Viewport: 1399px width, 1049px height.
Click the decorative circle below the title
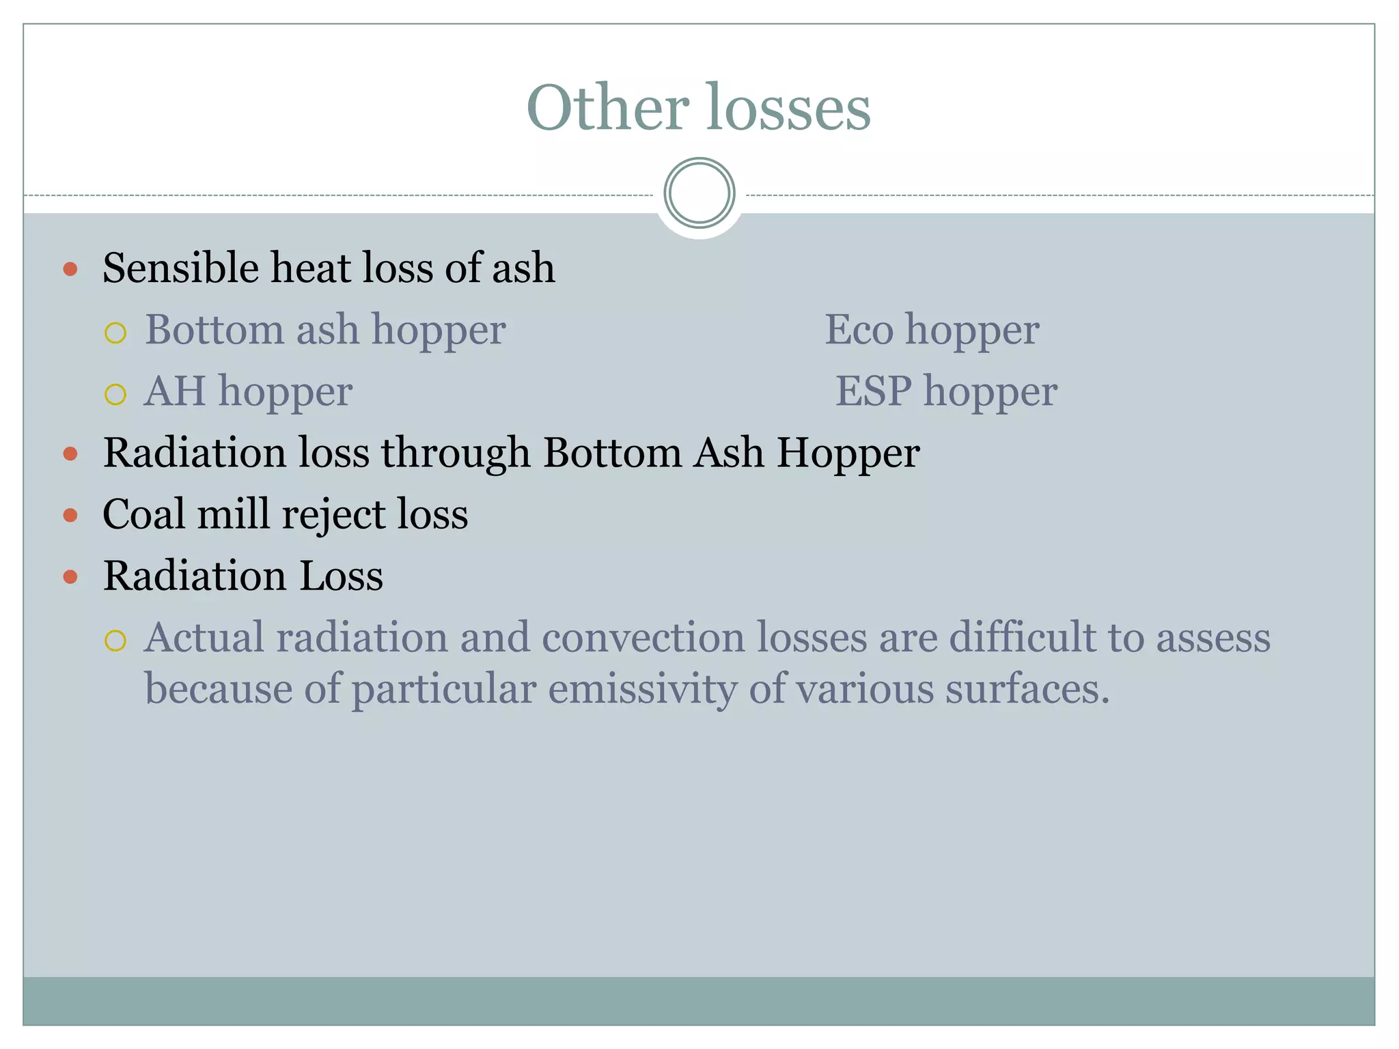[699, 193]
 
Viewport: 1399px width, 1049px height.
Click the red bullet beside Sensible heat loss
[70, 268]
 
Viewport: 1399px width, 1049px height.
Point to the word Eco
[859, 330]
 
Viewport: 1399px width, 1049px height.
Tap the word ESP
[873, 391]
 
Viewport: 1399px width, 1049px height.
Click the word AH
[174, 391]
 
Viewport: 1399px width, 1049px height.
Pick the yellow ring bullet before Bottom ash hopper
[115, 333]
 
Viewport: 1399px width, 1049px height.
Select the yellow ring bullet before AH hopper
[115, 394]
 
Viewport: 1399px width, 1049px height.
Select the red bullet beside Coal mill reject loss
[70, 515]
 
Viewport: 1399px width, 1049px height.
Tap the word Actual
[204, 637]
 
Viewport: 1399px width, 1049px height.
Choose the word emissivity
[643, 688]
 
